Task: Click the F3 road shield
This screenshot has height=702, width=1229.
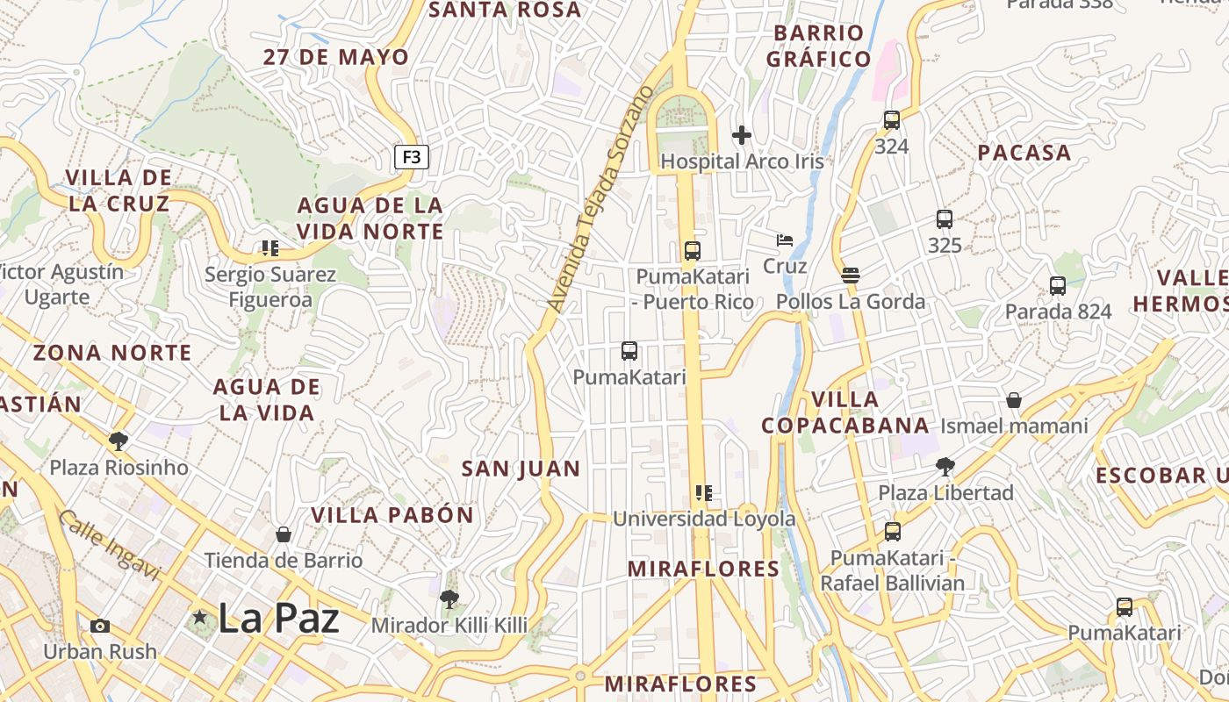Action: (412, 157)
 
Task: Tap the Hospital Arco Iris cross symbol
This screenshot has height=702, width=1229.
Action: (742, 135)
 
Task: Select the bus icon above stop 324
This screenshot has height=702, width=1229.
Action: (892, 120)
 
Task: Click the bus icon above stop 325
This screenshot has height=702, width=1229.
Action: (945, 219)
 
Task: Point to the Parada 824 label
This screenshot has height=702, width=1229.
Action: (1058, 312)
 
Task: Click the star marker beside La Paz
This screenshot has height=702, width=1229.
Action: (200, 618)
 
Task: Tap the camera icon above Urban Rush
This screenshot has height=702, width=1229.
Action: (100, 626)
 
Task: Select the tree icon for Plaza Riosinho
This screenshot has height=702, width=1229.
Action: (119, 441)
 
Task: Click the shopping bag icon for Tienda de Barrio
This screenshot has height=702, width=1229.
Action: (284, 534)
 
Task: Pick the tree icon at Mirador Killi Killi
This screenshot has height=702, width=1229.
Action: (449, 599)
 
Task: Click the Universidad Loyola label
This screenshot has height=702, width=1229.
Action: (704, 519)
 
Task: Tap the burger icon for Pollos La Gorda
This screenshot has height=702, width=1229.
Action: (850, 276)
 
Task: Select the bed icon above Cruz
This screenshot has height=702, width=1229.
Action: (785, 240)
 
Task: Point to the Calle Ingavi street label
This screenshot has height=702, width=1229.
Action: (110, 545)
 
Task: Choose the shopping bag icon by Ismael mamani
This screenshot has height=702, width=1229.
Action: (1014, 400)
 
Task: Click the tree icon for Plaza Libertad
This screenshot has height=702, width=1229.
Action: (945, 467)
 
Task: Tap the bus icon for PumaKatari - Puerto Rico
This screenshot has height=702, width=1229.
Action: (693, 251)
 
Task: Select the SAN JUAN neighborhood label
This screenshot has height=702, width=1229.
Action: (521, 469)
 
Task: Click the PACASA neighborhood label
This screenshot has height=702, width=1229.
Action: (1024, 153)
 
